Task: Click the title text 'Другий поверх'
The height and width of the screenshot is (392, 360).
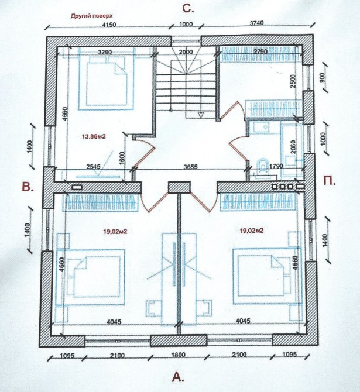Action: pos(91,16)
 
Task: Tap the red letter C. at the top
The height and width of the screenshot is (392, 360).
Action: pos(188,9)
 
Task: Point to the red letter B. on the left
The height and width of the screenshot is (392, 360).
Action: pos(28,187)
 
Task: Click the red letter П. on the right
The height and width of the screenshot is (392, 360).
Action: pos(330,181)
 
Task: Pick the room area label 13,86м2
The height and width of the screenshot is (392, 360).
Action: pos(94,136)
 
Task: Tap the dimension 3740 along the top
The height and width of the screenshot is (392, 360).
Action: pos(256,23)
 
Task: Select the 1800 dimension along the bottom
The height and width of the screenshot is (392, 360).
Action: pos(179,355)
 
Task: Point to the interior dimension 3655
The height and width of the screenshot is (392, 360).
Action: pos(191,167)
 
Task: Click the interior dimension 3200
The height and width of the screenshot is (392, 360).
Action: pos(105,52)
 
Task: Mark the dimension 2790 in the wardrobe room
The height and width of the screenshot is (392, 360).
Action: pos(260,51)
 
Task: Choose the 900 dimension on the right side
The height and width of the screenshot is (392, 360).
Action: pos(322,77)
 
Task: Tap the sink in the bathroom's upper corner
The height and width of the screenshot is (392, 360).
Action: pos(261,128)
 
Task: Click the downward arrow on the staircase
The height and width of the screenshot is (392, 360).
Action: pos(200,115)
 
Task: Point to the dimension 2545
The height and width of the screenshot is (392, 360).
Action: pos(93,167)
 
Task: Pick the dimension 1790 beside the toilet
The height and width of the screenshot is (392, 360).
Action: pos(276,166)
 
